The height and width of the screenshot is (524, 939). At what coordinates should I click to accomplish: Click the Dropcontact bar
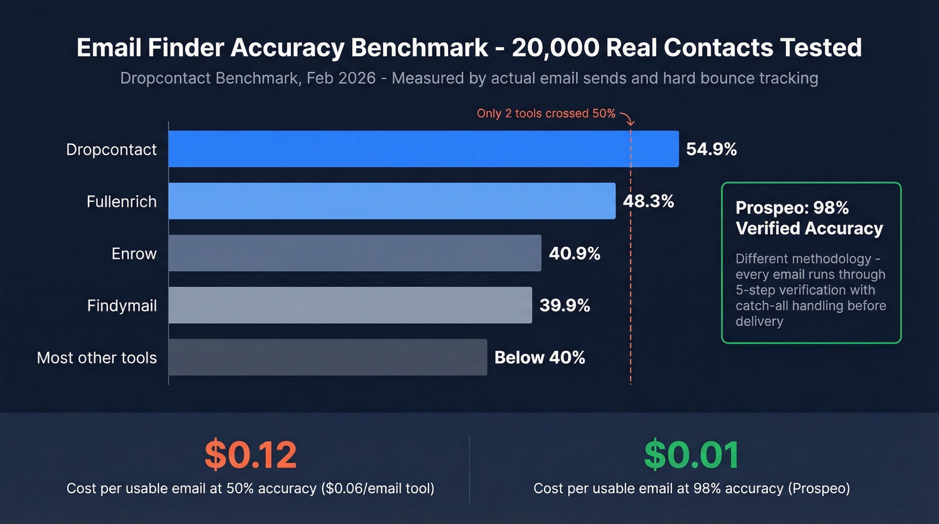point(423,149)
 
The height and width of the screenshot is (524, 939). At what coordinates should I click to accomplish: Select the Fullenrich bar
point(391,201)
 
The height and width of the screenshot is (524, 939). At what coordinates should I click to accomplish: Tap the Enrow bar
point(354,253)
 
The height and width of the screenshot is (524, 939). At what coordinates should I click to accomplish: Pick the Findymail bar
point(349,305)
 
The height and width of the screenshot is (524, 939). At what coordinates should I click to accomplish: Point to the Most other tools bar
point(327,357)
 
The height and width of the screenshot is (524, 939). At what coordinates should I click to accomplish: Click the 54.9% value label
point(711,149)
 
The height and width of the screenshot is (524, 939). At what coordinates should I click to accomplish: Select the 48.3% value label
point(648,201)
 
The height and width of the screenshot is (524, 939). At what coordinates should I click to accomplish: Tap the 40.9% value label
point(574,253)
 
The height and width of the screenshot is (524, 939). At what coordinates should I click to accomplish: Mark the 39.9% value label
point(565,305)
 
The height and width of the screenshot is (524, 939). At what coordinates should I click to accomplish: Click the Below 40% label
point(539,358)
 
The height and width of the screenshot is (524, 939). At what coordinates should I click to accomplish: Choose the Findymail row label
point(121,306)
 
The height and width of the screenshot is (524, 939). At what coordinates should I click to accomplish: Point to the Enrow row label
point(134,254)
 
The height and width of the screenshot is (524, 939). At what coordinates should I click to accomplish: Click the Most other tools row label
point(97,358)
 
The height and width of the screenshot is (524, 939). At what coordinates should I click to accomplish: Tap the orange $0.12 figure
point(250,455)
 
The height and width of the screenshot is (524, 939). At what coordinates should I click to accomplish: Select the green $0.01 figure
point(692,455)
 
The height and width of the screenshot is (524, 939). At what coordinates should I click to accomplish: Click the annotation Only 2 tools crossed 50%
point(545,113)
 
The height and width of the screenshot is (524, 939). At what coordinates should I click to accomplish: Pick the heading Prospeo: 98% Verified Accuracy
point(809,218)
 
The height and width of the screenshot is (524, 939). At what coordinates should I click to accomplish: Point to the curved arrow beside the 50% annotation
point(627,119)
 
